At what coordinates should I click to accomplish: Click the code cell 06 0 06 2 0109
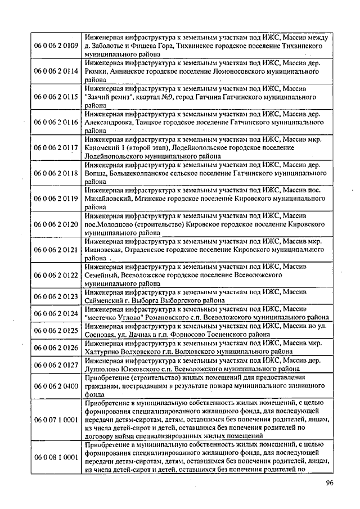click(55, 46)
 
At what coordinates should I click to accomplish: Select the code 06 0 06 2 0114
click(55, 72)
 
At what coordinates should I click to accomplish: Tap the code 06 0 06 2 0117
click(55, 148)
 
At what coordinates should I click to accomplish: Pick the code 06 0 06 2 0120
click(55, 224)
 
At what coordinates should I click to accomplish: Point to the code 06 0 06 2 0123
click(55, 295)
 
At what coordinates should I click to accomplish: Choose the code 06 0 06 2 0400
click(55, 386)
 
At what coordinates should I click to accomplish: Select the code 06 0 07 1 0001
click(55, 420)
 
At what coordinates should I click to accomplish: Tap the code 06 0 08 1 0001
click(55, 457)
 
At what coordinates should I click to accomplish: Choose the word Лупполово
click(103, 368)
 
